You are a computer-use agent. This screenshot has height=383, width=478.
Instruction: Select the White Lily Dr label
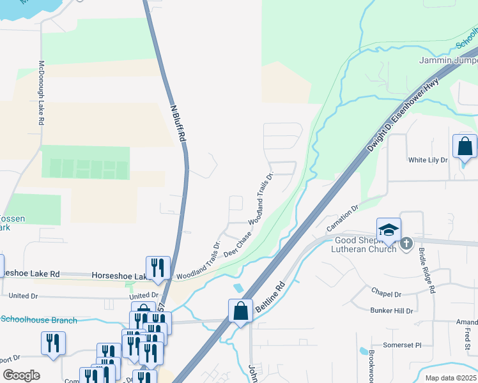pos(428,160)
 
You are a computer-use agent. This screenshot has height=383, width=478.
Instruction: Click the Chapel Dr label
pos(386,294)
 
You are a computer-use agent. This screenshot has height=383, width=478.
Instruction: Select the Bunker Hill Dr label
pos(392,311)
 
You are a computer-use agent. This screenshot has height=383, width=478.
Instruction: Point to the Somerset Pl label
pos(402,345)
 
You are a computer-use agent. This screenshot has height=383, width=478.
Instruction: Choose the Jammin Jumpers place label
pos(448,61)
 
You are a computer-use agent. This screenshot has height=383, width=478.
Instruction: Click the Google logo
pos(21,375)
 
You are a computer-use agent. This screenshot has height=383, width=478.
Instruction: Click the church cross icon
pos(405,244)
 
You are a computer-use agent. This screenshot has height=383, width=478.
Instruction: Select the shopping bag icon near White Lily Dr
pos(465,146)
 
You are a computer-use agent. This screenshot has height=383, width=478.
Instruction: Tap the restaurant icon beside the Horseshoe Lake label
pos(157,268)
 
